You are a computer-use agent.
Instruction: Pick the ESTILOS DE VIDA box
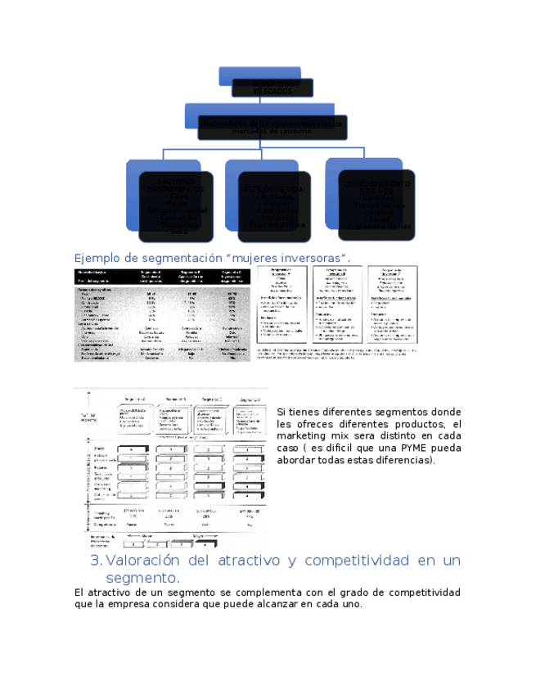(277, 205)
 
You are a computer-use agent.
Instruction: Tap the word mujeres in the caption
(246, 258)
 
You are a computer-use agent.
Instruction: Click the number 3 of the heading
(95, 561)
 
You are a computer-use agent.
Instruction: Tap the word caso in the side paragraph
(289, 448)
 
